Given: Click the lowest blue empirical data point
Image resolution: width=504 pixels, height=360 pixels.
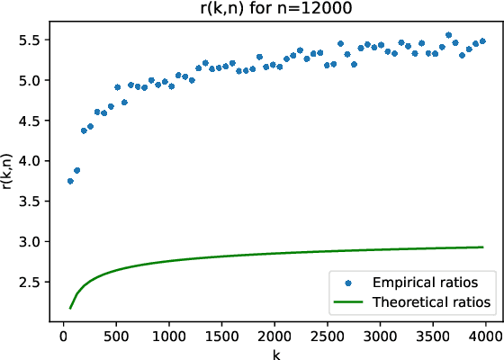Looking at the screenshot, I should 70,181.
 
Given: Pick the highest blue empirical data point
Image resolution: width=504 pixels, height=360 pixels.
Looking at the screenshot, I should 448,36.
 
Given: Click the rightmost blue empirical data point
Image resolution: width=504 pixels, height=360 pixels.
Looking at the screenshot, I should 482,41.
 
